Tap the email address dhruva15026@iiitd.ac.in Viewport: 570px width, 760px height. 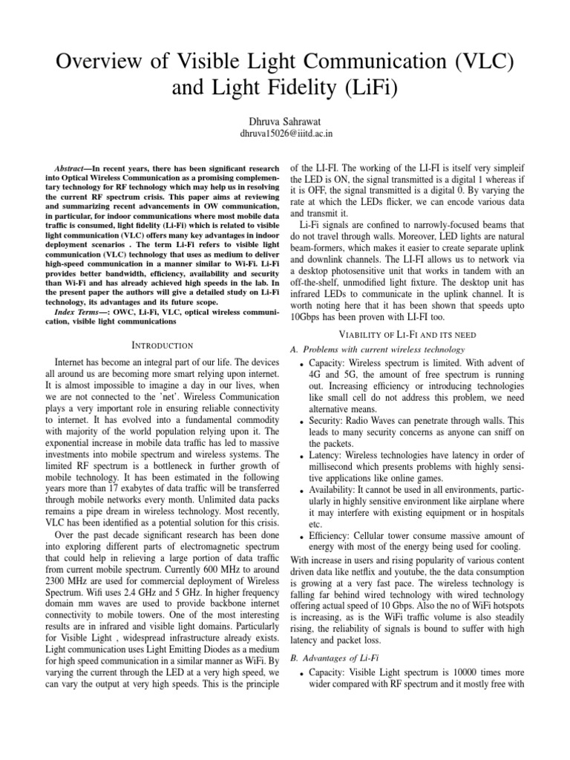point(285,134)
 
